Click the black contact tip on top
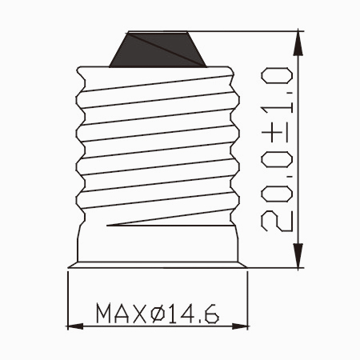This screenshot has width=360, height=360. pos(158,50)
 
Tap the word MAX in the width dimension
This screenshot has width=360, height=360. pos(122,313)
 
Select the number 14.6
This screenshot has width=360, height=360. pos(194,313)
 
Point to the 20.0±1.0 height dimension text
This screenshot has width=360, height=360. pos(277,150)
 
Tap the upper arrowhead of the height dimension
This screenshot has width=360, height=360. pos(298,44)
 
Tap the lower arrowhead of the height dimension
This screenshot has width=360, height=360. pos(298,255)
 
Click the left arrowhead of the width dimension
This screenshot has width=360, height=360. pos(75,326)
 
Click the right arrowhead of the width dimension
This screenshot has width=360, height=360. pos(240,326)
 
